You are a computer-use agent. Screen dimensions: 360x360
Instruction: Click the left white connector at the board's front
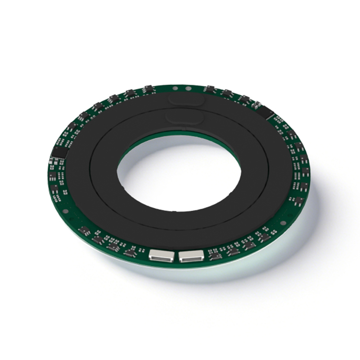[159, 255]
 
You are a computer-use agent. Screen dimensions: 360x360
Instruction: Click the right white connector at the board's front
[191, 256]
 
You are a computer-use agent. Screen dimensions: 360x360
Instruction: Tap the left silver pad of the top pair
[175, 89]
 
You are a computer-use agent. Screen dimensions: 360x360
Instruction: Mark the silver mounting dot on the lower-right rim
[283, 223]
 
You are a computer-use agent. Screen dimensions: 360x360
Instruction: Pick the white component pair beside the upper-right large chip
[257, 104]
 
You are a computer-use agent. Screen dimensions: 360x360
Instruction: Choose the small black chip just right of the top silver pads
[210, 89]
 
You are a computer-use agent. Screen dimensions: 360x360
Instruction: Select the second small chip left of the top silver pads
[130, 93]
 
